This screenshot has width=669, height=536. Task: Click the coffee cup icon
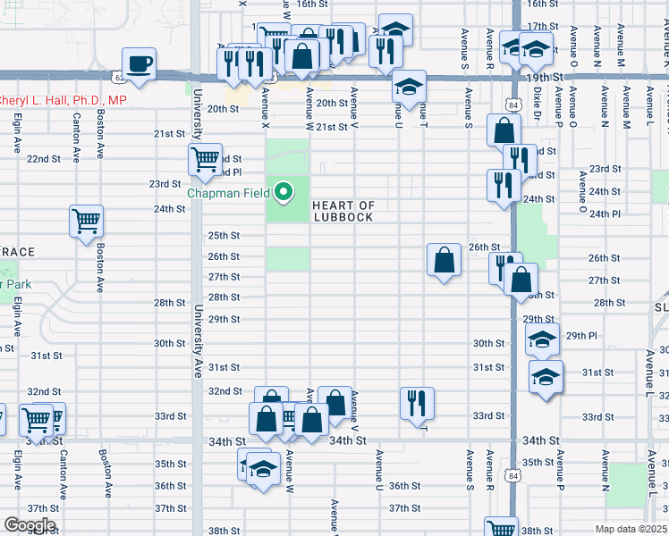click(x=139, y=64)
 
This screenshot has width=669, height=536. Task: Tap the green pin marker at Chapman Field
click(x=284, y=191)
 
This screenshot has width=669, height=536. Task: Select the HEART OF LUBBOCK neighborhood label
click(x=343, y=212)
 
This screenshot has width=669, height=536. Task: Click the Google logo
click(x=29, y=525)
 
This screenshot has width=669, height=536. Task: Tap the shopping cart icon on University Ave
click(x=206, y=160)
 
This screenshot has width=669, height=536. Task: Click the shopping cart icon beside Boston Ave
click(x=87, y=221)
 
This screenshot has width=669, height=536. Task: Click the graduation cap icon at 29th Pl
click(x=542, y=339)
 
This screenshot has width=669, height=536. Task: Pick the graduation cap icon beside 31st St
click(x=546, y=376)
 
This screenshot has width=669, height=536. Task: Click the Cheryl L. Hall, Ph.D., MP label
click(x=60, y=101)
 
